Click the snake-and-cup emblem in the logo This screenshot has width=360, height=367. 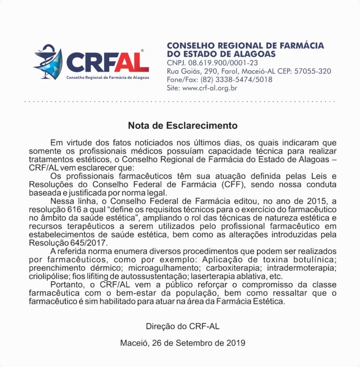[x=48, y=61]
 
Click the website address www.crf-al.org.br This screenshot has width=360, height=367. [x=210, y=88]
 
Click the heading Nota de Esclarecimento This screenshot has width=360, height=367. [x=183, y=126]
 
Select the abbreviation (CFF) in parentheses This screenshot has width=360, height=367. [x=229, y=184]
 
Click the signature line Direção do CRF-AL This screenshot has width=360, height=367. [x=182, y=326]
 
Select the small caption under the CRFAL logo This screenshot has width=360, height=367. [x=107, y=77]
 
